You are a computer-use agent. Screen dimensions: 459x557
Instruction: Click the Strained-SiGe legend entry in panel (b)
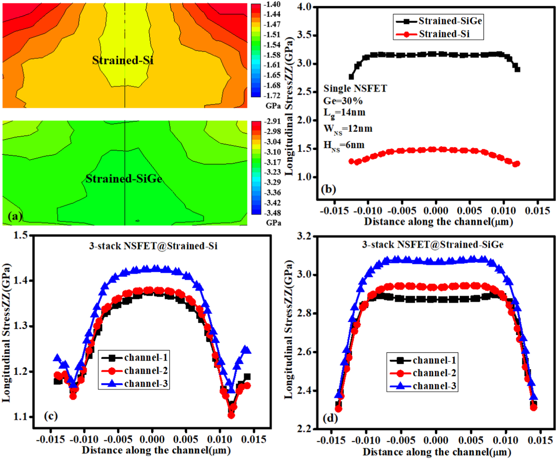pos(450,21)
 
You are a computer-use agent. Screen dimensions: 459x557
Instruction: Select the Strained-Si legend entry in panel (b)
pos(444,34)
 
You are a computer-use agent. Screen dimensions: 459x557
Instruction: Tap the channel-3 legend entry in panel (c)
pos(146,384)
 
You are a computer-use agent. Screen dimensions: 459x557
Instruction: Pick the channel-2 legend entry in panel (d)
pos(434,373)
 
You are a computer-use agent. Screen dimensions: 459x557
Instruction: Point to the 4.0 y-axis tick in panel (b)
pos(304,7)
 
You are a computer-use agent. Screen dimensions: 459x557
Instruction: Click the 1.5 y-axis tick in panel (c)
pos(21,235)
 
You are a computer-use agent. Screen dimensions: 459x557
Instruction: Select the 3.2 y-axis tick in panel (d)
pos(304,236)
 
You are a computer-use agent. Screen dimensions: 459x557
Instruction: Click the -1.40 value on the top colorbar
pos(272,5)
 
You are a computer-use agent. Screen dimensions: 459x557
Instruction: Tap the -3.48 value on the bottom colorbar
pos(272,213)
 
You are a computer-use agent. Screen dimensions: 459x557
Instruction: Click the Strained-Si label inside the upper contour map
pos(123,60)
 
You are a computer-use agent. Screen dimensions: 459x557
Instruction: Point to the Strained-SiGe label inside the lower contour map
pos(124,179)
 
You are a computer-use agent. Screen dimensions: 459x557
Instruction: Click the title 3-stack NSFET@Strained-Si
pos(153,246)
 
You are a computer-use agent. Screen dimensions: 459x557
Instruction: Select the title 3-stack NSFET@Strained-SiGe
pos(433,245)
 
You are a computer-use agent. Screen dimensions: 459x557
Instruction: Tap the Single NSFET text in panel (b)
pos(355,88)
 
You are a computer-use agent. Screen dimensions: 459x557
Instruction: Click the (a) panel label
pos(15,216)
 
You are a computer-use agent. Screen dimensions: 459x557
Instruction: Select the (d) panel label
pos(330,418)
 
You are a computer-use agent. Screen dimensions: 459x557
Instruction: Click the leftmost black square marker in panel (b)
pos(351,77)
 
